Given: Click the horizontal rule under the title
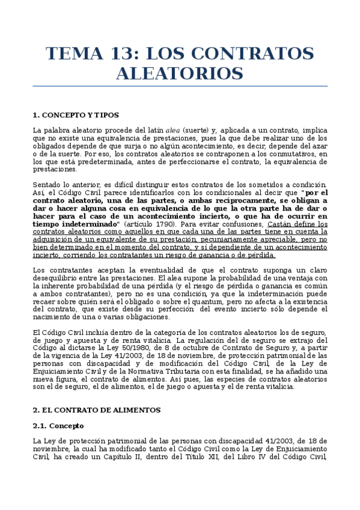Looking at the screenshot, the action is [x=180, y=86].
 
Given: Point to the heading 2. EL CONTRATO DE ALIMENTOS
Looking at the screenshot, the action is [x=96, y=410].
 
